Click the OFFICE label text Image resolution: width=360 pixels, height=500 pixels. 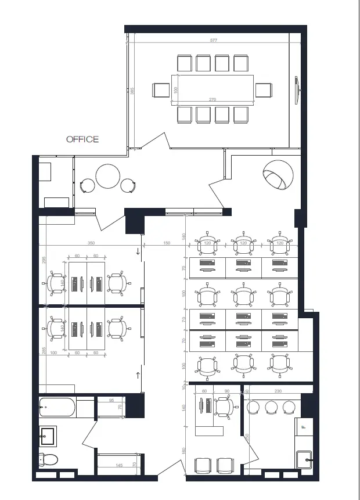[82, 139]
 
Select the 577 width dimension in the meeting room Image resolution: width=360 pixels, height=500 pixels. [214, 40]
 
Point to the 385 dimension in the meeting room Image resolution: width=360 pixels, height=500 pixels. [132, 91]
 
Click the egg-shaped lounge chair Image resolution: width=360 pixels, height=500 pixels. [277, 175]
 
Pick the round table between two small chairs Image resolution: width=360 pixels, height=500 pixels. [107, 177]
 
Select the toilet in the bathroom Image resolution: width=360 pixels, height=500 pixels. [48, 460]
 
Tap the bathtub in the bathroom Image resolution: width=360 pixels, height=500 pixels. [57, 407]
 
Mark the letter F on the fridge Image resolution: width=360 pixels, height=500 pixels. [304, 427]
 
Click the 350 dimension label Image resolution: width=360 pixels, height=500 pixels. [91, 243]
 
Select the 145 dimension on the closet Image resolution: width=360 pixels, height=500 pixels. [118, 465]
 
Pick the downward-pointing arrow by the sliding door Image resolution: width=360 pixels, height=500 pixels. [138, 251]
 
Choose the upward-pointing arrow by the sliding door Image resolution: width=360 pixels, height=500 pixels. [138, 375]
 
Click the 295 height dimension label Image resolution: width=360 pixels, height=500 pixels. [42, 261]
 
